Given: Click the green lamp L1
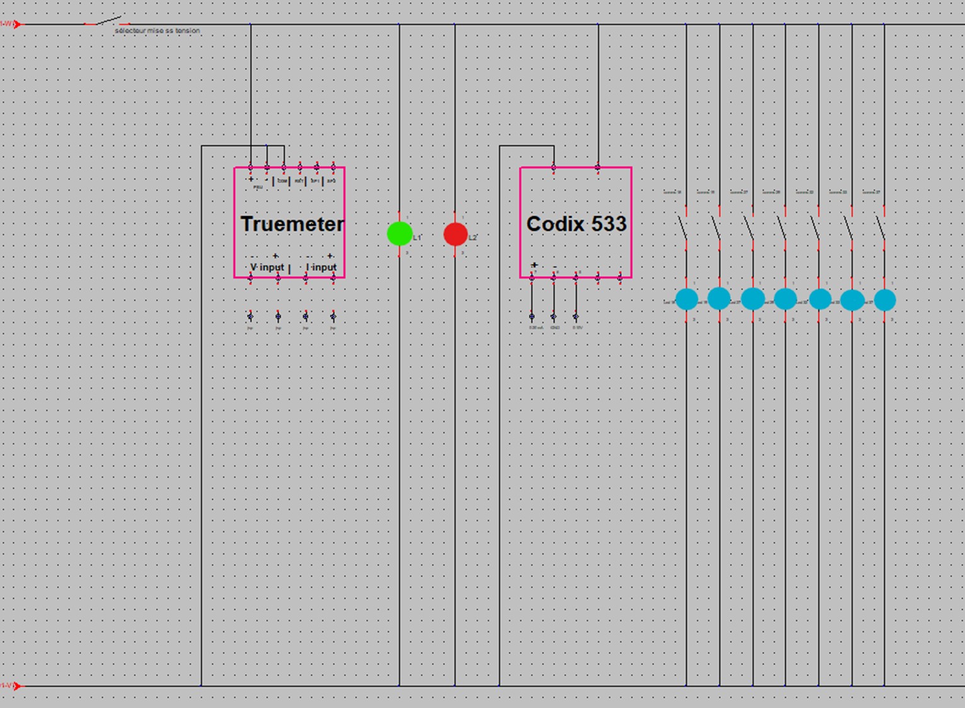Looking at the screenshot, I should click(400, 234).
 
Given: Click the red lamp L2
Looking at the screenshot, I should click(455, 234).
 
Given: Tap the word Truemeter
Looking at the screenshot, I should click(292, 224).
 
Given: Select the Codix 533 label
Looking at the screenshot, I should click(576, 224).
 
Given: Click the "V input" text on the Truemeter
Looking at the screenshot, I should click(267, 267).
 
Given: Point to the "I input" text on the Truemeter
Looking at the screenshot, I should click(321, 267).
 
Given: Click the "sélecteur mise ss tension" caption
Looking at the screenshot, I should click(157, 30).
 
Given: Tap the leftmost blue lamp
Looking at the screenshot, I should click(686, 299).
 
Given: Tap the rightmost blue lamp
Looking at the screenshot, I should click(884, 300).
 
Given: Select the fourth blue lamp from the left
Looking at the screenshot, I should click(785, 299).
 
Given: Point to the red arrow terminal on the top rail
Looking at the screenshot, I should click(17, 25).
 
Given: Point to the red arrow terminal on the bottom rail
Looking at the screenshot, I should click(17, 685).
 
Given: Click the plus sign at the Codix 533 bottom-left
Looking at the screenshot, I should click(535, 265).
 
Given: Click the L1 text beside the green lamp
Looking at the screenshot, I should click(417, 238).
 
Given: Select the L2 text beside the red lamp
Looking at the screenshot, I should click(473, 238).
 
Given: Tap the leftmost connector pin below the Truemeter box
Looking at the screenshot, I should click(250, 316).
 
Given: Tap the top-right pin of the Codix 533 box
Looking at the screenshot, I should click(598, 168).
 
